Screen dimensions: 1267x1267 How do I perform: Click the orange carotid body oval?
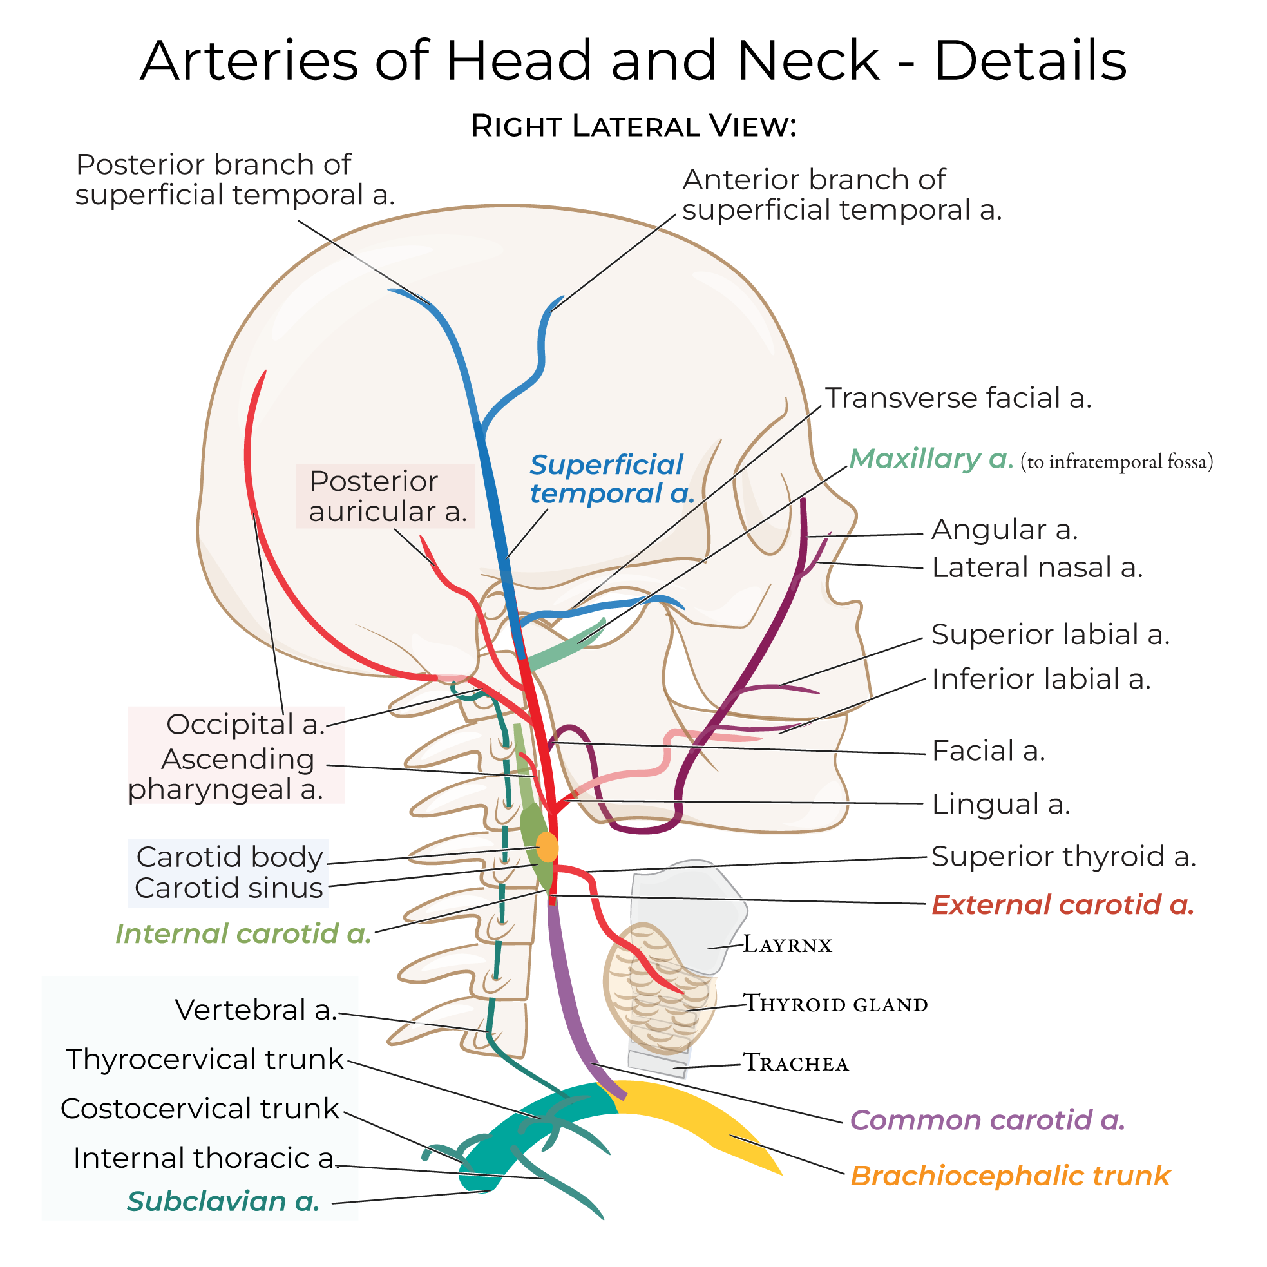547,847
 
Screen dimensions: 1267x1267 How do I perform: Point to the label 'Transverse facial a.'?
957,398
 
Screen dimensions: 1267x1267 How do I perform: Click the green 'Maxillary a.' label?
931,459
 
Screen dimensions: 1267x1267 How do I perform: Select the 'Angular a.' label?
1004,529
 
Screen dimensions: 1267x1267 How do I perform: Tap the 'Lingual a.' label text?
1001,804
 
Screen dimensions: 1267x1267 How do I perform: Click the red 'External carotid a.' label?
1062,905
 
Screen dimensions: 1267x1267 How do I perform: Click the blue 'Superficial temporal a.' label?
611,479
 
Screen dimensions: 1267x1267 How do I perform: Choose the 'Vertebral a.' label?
256,1010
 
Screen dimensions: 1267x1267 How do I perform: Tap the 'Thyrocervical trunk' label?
205,1059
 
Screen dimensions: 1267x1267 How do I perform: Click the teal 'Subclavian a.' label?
223,1201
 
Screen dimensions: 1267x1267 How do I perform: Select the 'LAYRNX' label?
787,945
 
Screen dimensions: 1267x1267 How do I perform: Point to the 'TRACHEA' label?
795,1063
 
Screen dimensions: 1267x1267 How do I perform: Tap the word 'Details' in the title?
1029,61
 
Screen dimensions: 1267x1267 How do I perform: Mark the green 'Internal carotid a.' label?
243,934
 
